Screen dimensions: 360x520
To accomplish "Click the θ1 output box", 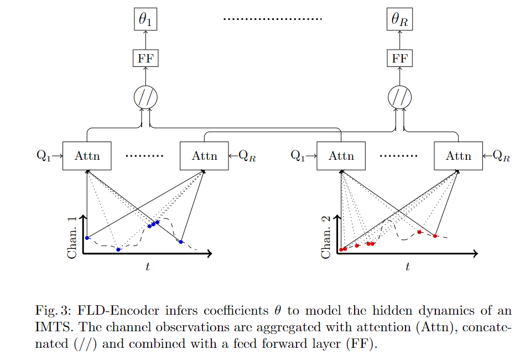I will pyautogui.click(x=145, y=20).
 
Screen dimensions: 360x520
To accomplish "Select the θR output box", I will pyautogui.click(x=399, y=20).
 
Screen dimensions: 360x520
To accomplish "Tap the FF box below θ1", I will pyautogui.click(x=145, y=58).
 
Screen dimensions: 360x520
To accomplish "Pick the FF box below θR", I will pyautogui.click(x=399, y=58).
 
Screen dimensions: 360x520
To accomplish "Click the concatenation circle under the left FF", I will pyautogui.click(x=145, y=98).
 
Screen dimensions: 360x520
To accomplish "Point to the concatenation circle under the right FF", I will pyautogui.click(x=399, y=98).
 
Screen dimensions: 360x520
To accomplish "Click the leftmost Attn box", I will pyautogui.click(x=87, y=156).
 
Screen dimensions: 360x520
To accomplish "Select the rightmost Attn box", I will pyautogui.click(x=458, y=156).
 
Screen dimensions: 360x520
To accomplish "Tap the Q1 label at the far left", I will pyautogui.click(x=43, y=156).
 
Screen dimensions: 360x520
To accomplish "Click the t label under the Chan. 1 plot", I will pyautogui.click(x=148, y=267).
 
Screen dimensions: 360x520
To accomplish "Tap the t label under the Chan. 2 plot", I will pyautogui.click(x=408, y=267).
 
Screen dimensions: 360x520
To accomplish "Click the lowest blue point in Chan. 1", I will pyautogui.click(x=118, y=250).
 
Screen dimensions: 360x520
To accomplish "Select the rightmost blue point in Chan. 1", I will pyautogui.click(x=181, y=242).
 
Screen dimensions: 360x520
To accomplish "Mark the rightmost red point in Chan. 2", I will pyautogui.click(x=435, y=236).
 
